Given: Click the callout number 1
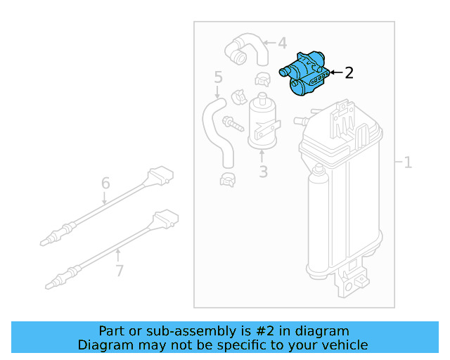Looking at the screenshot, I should (x=408, y=162).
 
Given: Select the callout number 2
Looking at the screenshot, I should (x=349, y=72).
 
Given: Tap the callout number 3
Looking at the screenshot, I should (x=263, y=172).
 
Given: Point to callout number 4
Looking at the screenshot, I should (x=281, y=44).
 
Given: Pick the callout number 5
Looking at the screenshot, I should (x=218, y=77).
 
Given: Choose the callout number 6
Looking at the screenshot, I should (x=105, y=184).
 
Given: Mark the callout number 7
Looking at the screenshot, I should (x=119, y=270).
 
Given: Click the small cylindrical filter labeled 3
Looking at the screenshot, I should (x=262, y=123).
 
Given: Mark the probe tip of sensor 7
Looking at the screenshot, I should (x=50, y=285).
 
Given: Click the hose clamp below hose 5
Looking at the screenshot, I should (x=228, y=180).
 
